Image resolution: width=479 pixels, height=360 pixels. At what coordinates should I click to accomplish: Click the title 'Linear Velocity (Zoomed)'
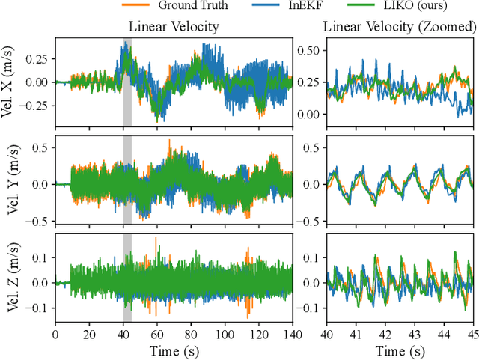coord(399,27)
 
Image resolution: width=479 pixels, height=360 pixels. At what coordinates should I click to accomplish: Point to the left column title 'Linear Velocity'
coord(174,27)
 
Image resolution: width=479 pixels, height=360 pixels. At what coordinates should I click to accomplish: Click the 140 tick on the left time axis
coord(291,335)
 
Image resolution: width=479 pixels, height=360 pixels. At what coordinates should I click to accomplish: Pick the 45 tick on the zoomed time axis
coord(472,335)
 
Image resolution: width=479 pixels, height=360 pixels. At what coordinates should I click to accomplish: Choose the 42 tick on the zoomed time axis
coord(385,335)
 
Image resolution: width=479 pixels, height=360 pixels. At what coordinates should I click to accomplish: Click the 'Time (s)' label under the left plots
coord(174,350)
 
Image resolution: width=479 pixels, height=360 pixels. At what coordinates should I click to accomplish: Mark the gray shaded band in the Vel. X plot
coord(127,82)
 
